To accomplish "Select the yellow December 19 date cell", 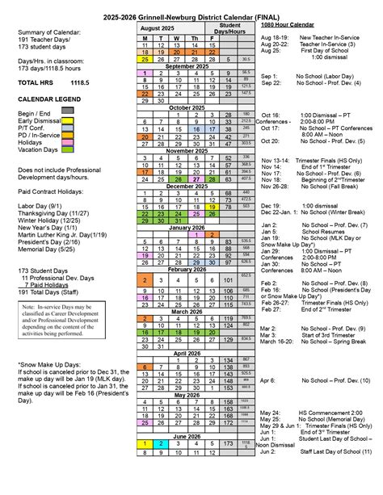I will click(212, 207).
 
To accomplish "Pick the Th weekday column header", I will click(195, 38).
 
